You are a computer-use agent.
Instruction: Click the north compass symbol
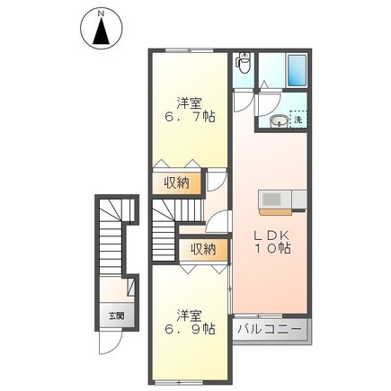tap(102, 31)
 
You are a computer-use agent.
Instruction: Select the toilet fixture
tap(243, 65)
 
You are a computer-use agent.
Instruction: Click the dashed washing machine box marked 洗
tap(298, 120)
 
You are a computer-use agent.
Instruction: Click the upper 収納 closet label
tap(176, 182)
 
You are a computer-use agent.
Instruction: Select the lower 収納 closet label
tap(201, 249)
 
